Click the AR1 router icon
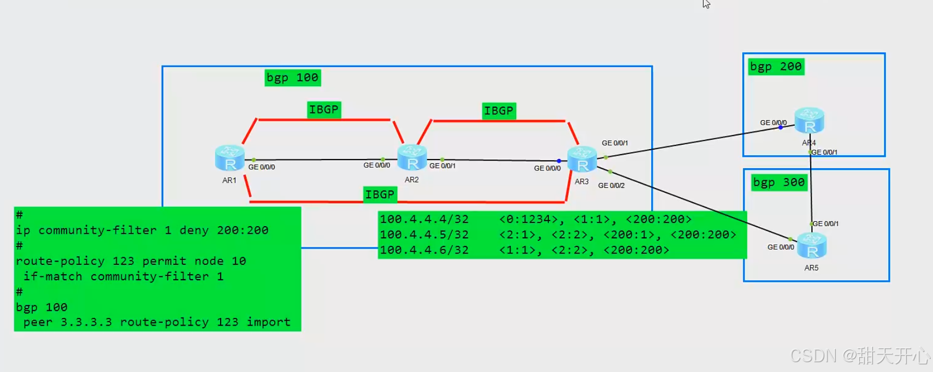229,158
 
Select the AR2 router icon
412,157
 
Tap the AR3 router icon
582,159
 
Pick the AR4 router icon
810,121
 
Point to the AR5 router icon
812,245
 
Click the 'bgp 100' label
292,78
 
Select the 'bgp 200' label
776,67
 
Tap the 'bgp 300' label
779,182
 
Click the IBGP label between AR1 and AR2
323,110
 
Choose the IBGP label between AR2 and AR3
499,111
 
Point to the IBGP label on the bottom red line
380,194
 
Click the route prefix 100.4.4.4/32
424,219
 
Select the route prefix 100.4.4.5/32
424,234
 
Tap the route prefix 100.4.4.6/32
424,250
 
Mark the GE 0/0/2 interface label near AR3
611,185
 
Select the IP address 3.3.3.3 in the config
86,322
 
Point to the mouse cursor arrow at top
706,4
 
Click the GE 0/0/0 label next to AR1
262,167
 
